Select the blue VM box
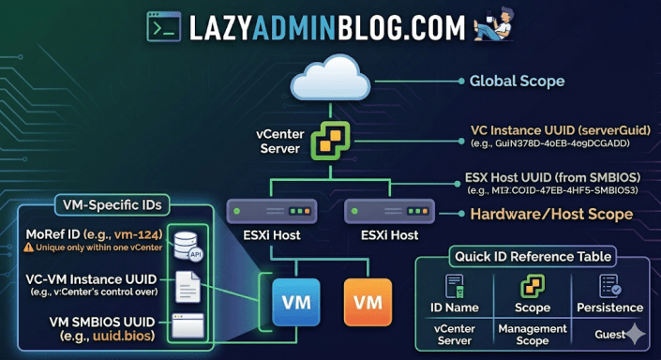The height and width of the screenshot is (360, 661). pyautogui.click(x=291, y=302)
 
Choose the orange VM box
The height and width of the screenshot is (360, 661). pyautogui.click(x=368, y=302)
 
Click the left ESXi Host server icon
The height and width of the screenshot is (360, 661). pyautogui.click(x=259, y=210)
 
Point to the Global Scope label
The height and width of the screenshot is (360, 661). pyautogui.click(x=517, y=81)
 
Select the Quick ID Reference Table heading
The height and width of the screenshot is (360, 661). pyautogui.click(x=533, y=256)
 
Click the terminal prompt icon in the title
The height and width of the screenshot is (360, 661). pyautogui.click(x=164, y=26)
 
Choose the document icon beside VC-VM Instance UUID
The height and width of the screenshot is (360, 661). pyautogui.click(x=187, y=283)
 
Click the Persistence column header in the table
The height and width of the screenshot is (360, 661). pyautogui.click(x=610, y=307)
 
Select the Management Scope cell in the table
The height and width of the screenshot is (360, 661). pyautogui.click(x=533, y=334)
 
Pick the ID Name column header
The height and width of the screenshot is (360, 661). pyautogui.click(x=455, y=307)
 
